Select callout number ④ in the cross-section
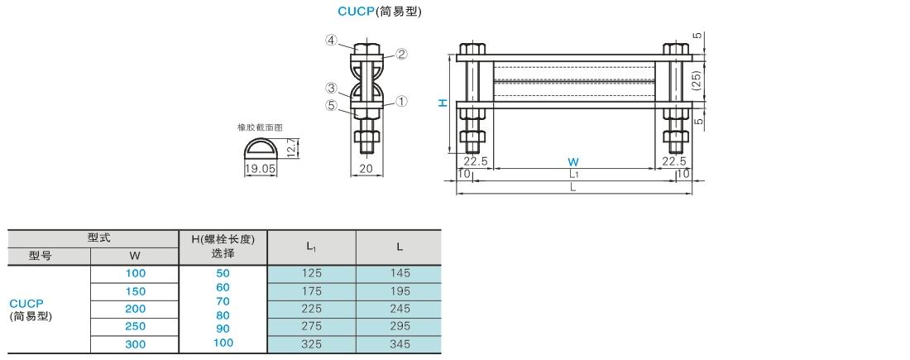pyautogui.click(x=330, y=40)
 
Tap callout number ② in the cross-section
pyautogui.click(x=401, y=55)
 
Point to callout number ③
pyautogui.click(x=330, y=88)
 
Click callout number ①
pyautogui.click(x=401, y=102)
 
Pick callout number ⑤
pyautogui.click(x=330, y=105)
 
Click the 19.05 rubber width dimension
pyautogui.click(x=261, y=168)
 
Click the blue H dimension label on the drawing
pyautogui.click(x=443, y=103)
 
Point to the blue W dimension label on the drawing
pyautogui.click(x=572, y=161)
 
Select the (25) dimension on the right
pyautogui.click(x=697, y=80)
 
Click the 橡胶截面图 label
pyautogui.click(x=260, y=128)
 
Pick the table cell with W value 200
pyautogui.click(x=136, y=307)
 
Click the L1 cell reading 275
pyautogui.click(x=311, y=326)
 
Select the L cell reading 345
pyautogui.click(x=400, y=343)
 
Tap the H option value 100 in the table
pyautogui.click(x=223, y=342)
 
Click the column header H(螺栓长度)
pyautogui.click(x=223, y=239)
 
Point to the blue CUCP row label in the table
pyautogui.click(x=26, y=304)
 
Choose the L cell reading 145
pyautogui.click(x=400, y=273)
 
